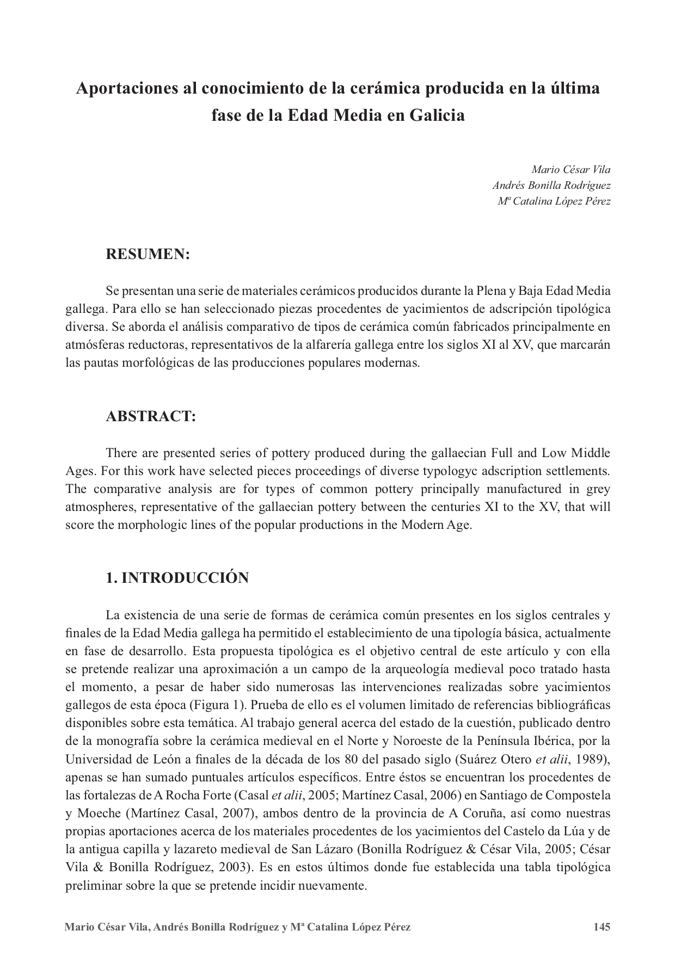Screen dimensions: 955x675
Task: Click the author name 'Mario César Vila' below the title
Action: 571,169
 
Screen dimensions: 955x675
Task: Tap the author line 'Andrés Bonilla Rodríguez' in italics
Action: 551,185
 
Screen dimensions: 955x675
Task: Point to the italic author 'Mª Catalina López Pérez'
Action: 554,201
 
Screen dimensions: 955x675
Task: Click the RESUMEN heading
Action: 148,254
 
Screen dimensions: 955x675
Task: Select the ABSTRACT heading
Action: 150,416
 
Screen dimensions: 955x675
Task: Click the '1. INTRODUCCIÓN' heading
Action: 177,578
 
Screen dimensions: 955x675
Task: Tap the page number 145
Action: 602,927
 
